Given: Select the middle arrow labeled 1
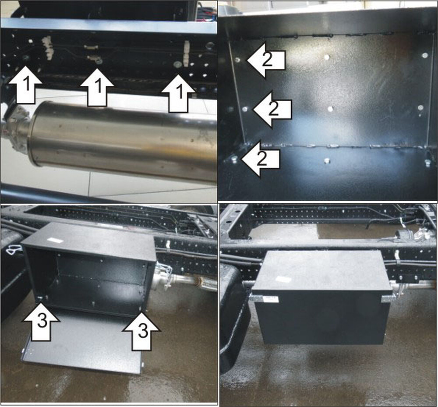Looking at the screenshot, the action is (x=97, y=87).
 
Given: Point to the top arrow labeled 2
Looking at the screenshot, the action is (x=266, y=60).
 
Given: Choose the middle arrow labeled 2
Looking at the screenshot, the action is (x=272, y=109).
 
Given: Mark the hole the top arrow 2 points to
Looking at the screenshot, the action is (x=238, y=60).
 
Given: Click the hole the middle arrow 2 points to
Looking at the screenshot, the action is (x=245, y=109).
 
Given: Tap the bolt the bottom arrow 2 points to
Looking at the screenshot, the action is (x=234, y=159).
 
